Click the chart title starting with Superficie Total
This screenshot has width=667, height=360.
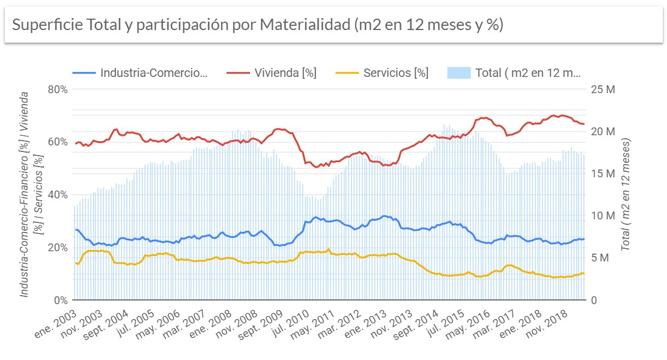point(257,25)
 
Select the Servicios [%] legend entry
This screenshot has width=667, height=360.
point(395,73)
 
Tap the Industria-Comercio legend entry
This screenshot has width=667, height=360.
point(153,73)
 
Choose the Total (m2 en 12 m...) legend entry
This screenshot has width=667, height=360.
point(528,73)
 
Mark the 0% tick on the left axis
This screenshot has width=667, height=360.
point(60,300)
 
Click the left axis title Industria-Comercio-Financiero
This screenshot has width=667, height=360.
point(25,194)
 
